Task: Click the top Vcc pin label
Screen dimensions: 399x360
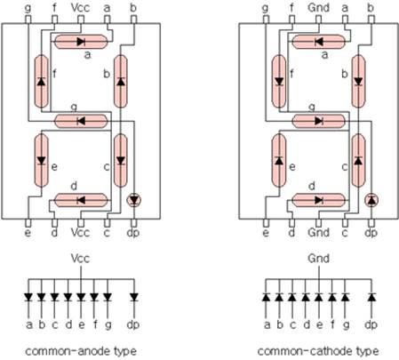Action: pyautogui.click(x=80, y=8)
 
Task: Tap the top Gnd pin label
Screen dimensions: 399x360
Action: pyautogui.click(x=318, y=8)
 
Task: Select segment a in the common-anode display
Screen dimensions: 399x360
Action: pyautogui.click(x=81, y=42)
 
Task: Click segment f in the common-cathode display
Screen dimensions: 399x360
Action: pyautogui.click(x=279, y=81)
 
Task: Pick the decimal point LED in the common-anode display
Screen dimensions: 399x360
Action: pyautogui.click(x=134, y=200)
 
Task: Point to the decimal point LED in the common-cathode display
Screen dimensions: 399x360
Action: pyautogui.click(x=371, y=200)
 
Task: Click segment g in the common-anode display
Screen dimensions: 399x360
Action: pyautogui.click(x=81, y=121)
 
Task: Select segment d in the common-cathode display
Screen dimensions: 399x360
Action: pyautogui.click(x=319, y=200)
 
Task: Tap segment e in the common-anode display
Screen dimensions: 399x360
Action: pyautogui.click(x=42, y=161)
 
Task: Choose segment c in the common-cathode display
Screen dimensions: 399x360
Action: pyautogui.click(x=358, y=161)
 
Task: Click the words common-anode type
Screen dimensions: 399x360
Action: pyautogui.click(x=81, y=351)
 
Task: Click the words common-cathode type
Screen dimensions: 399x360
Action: pyautogui.click(x=318, y=351)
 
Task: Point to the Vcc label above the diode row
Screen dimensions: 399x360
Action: pyautogui.click(x=80, y=259)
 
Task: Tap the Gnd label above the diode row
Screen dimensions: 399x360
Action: pyautogui.click(x=318, y=259)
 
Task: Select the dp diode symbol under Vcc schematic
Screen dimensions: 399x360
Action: pyautogui.click(x=134, y=297)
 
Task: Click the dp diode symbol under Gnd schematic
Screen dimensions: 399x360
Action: pyautogui.click(x=371, y=297)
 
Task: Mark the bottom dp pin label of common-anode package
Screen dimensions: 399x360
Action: pyautogui.click(x=133, y=233)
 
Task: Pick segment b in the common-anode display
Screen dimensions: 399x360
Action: pyautogui.click(x=121, y=81)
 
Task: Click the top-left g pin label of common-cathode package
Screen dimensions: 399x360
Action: pyautogui.click(x=266, y=9)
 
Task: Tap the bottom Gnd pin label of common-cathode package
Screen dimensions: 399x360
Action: pyautogui.click(x=318, y=232)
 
